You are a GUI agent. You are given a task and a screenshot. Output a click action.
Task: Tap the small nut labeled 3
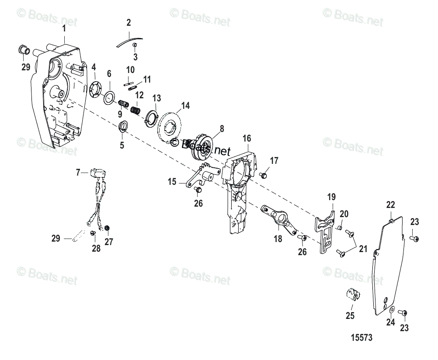pos(136,45)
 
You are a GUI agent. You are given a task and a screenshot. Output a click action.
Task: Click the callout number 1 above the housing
pos(64,28)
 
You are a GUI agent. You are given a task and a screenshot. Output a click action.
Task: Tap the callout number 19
pos(331,197)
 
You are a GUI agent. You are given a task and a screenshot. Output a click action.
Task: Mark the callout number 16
pos(247,139)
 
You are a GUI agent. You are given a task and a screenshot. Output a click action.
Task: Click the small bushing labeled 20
pos(339,227)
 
